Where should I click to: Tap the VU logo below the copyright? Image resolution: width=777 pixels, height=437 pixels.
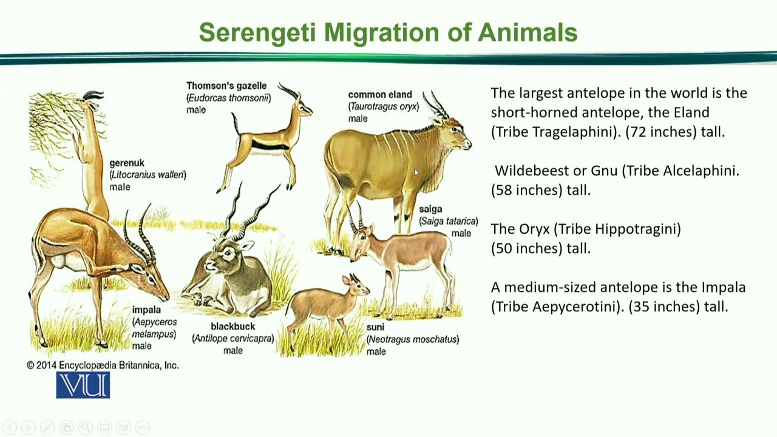pyautogui.click(x=83, y=385)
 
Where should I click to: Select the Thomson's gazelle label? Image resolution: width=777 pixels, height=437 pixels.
pyautogui.click(x=226, y=86)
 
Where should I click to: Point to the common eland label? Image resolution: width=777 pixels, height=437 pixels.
pyautogui.click(x=380, y=95)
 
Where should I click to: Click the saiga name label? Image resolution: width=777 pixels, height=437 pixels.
pyautogui.click(x=430, y=209)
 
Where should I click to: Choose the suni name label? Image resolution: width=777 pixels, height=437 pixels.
pyautogui.click(x=375, y=327)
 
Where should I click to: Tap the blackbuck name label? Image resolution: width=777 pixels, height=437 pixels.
pyautogui.click(x=232, y=327)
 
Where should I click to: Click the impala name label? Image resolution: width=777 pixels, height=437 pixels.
pyautogui.click(x=146, y=310)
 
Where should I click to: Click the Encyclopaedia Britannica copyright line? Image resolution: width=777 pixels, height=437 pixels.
pyautogui.click(x=103, y=365)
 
